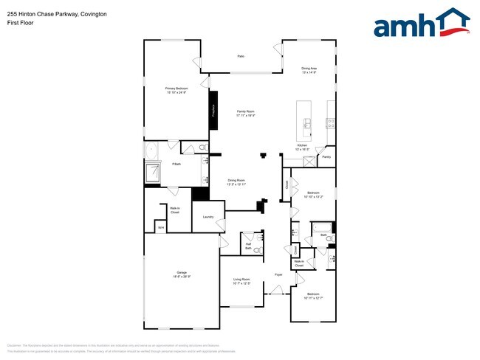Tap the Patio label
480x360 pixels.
click(241, 56)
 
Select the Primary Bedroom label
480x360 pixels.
click(176, 89)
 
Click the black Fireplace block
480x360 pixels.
click(213, 111)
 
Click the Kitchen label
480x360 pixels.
click(302, 147)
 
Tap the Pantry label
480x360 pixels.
click(326, 157)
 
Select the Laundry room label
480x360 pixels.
click(208, 217)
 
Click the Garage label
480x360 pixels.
click(182, 274)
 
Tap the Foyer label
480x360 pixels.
click(279, 274)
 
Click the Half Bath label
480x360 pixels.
click(249, 247)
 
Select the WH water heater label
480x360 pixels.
click(160, 228)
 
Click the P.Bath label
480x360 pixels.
click(176, 164)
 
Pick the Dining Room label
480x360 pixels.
click(236, 182)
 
